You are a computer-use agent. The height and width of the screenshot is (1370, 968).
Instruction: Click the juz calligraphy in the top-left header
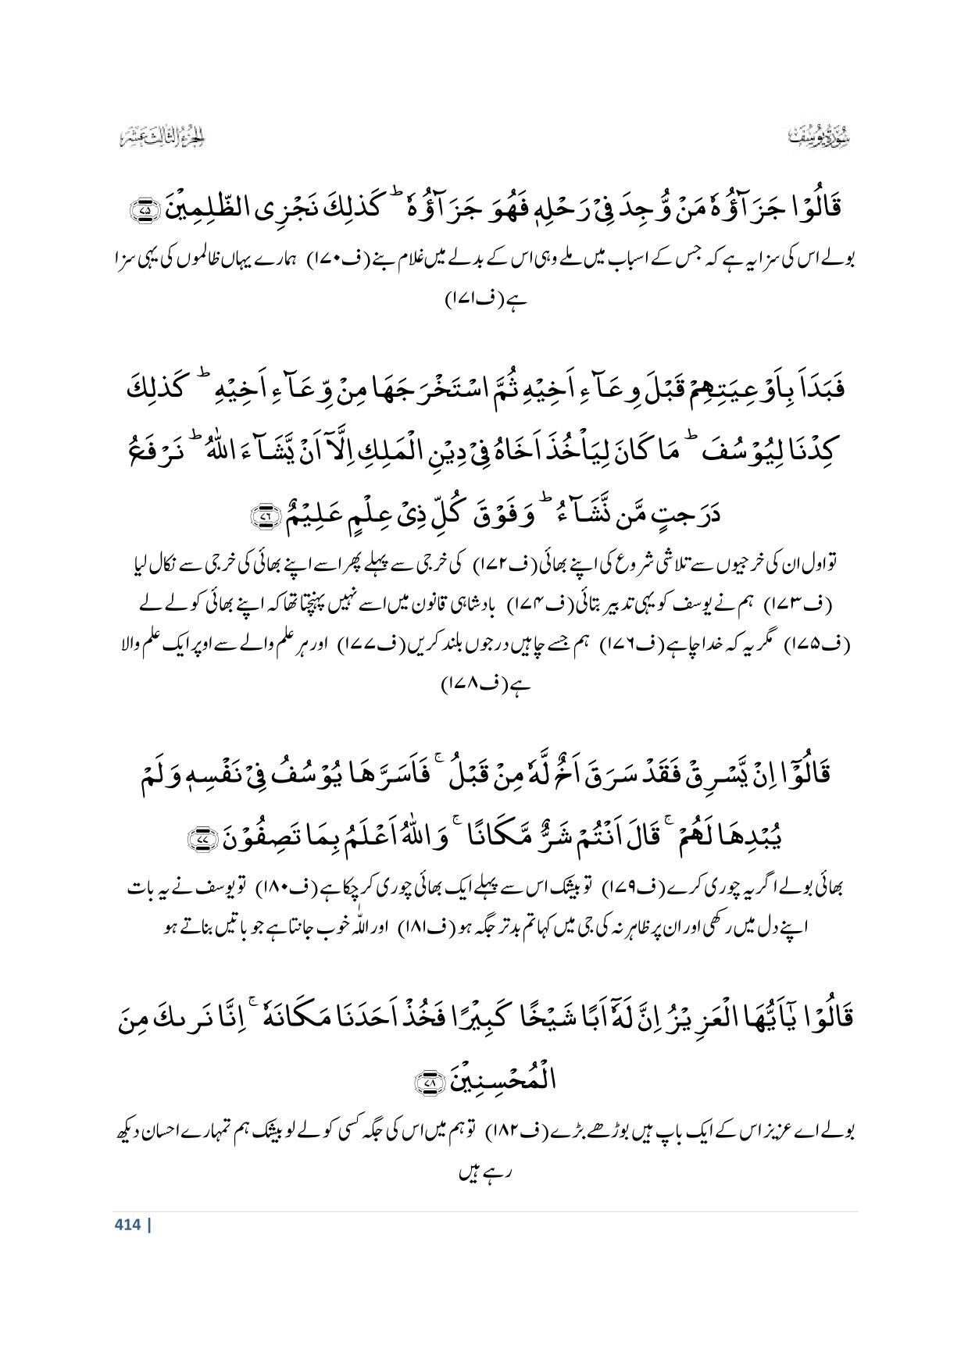163,140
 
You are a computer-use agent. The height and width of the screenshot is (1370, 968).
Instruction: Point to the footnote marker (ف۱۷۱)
484,301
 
